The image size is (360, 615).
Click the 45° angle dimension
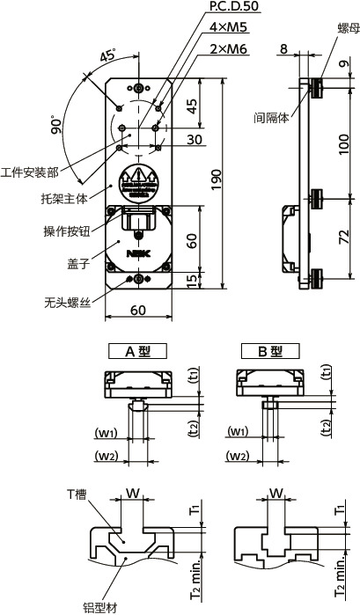pyautogui.click(x=108, y=55)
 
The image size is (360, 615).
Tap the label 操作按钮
pyautogui.click(x=67, y=230)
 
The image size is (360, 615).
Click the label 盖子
pyautogui.click(x=77, y=262)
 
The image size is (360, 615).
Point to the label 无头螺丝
pyautogui.click(x=67, y=302)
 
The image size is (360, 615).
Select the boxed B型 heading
pyautogui.click(x=268, y=350)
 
